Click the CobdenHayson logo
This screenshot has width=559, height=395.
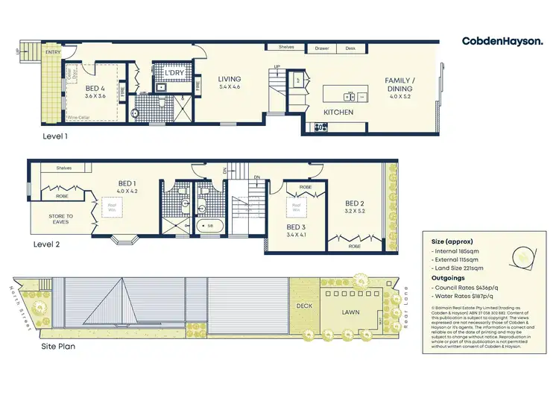point(502,41)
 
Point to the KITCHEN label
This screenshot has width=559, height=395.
point(338,113)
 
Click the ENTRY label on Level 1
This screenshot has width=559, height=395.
point(53,53)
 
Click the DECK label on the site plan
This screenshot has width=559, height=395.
point(305,305)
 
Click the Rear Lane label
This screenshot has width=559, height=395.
point(406,307)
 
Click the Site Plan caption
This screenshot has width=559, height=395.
point(57,346)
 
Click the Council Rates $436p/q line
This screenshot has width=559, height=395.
point(468,288)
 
